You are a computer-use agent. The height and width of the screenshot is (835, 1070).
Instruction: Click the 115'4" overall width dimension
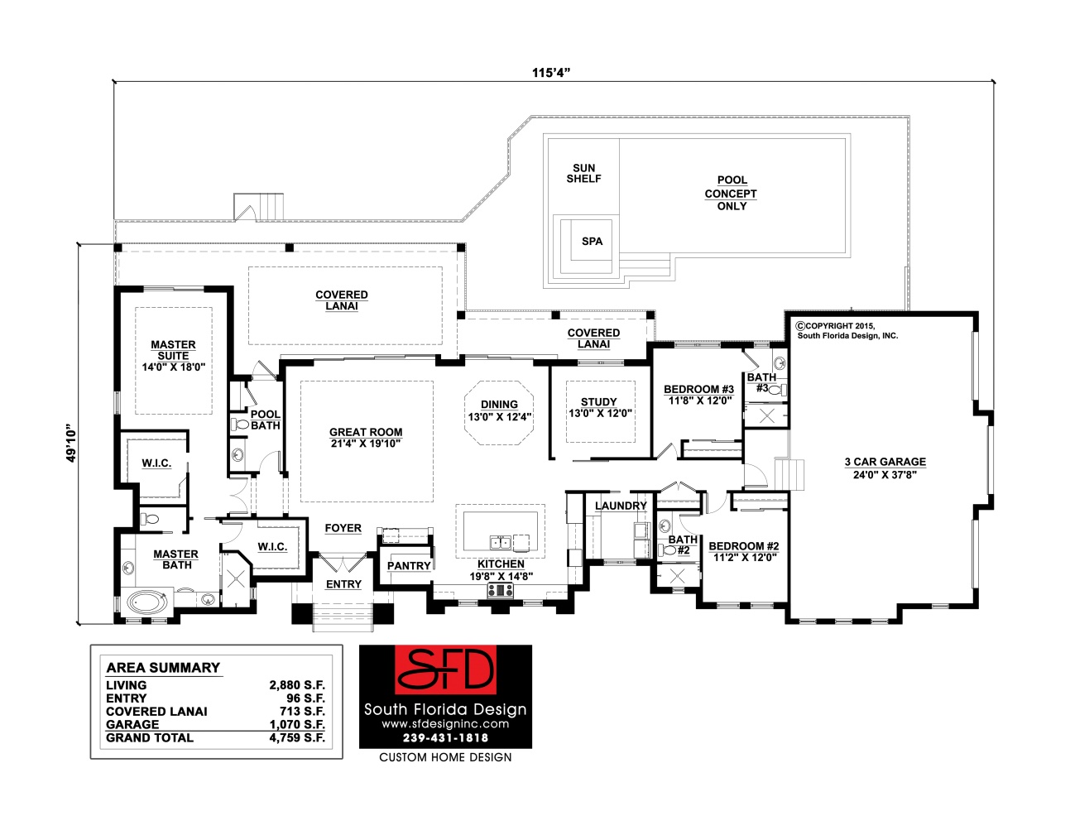pyautogui.click(x=551, y=73)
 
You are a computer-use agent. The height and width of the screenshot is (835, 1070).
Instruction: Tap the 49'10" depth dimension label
pyautogui.click(x=72, y=443)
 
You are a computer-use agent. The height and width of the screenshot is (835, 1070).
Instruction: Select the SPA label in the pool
pyautogui.click(x=592, y=242)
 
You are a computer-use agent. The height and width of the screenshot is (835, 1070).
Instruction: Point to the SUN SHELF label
pyautogui.click(x=584, y=173)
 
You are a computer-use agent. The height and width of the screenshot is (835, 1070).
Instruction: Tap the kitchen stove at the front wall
pyautogui.click(x=501, y=590)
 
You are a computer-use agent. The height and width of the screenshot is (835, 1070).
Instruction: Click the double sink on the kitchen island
pyautogui.click(x=501, y=543)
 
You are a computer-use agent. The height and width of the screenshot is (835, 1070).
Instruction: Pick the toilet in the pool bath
pyautogui.click(x=240, y=424)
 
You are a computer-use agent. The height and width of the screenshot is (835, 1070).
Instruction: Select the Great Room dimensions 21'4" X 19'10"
pyautogui.click(x=366, y=444)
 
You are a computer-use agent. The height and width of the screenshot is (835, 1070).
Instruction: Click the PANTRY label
pyautogui.click(x=409, y=566)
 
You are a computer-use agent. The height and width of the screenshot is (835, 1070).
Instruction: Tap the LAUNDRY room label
pyautogui.click(x=621, y=506)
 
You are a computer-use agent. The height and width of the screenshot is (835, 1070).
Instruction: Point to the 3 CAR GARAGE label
pyautogui.click(x=885, y=462)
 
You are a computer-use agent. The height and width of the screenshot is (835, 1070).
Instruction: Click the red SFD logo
pyautogui.click(x=445, y=670)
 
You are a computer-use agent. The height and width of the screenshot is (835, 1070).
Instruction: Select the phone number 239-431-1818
pyautogui.click(x=446, y=737)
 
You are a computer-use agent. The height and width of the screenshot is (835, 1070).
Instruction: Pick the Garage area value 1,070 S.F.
pyautogui.click(x=297, y=724)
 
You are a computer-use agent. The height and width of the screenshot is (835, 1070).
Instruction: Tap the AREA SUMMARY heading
pyautogui.click(x=163, y=668)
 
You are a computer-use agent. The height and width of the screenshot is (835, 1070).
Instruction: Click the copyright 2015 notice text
pyautogui.click(x=847, y=331)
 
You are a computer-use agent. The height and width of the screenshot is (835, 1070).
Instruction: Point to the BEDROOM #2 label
pyautogui.click(x=743, y=546)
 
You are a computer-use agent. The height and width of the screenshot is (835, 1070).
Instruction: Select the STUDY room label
pyautogui.click(x=599, y=401)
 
